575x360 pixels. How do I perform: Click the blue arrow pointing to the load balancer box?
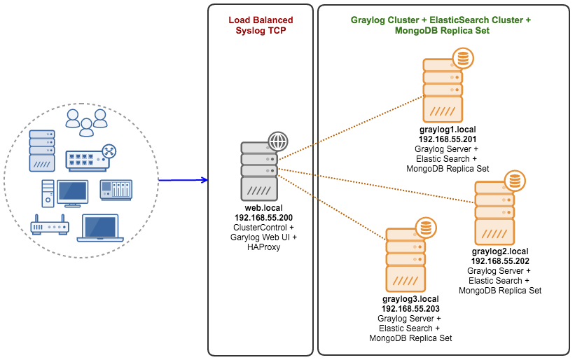click(183, 180)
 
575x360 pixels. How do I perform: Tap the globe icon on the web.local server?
click(278, 141)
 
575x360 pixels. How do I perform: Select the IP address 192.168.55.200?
click(263, 218)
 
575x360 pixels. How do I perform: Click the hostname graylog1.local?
click(448, 130)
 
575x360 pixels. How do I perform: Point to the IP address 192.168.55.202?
click(500, 261)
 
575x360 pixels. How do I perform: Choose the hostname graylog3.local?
click(410, 299)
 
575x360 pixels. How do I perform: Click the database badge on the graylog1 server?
click(463, 58)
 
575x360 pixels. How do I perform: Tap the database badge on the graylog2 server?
click(515, 181)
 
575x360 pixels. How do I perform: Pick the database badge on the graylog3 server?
click(426, 228)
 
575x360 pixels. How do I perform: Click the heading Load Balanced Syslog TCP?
click(261, 25)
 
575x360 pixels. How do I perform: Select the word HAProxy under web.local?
click(263, 247)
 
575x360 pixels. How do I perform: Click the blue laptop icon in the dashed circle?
click(100, 228)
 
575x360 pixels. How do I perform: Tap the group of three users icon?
click(87, 123)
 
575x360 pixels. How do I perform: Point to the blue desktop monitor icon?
click(73, 193)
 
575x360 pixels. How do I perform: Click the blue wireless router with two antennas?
click(50, 225)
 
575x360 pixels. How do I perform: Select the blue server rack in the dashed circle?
click(42, 151)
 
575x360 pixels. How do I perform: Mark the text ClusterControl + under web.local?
click(263, 228)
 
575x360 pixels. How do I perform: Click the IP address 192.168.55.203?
click(410, 309)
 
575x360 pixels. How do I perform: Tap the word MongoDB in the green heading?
click(415, 30)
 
